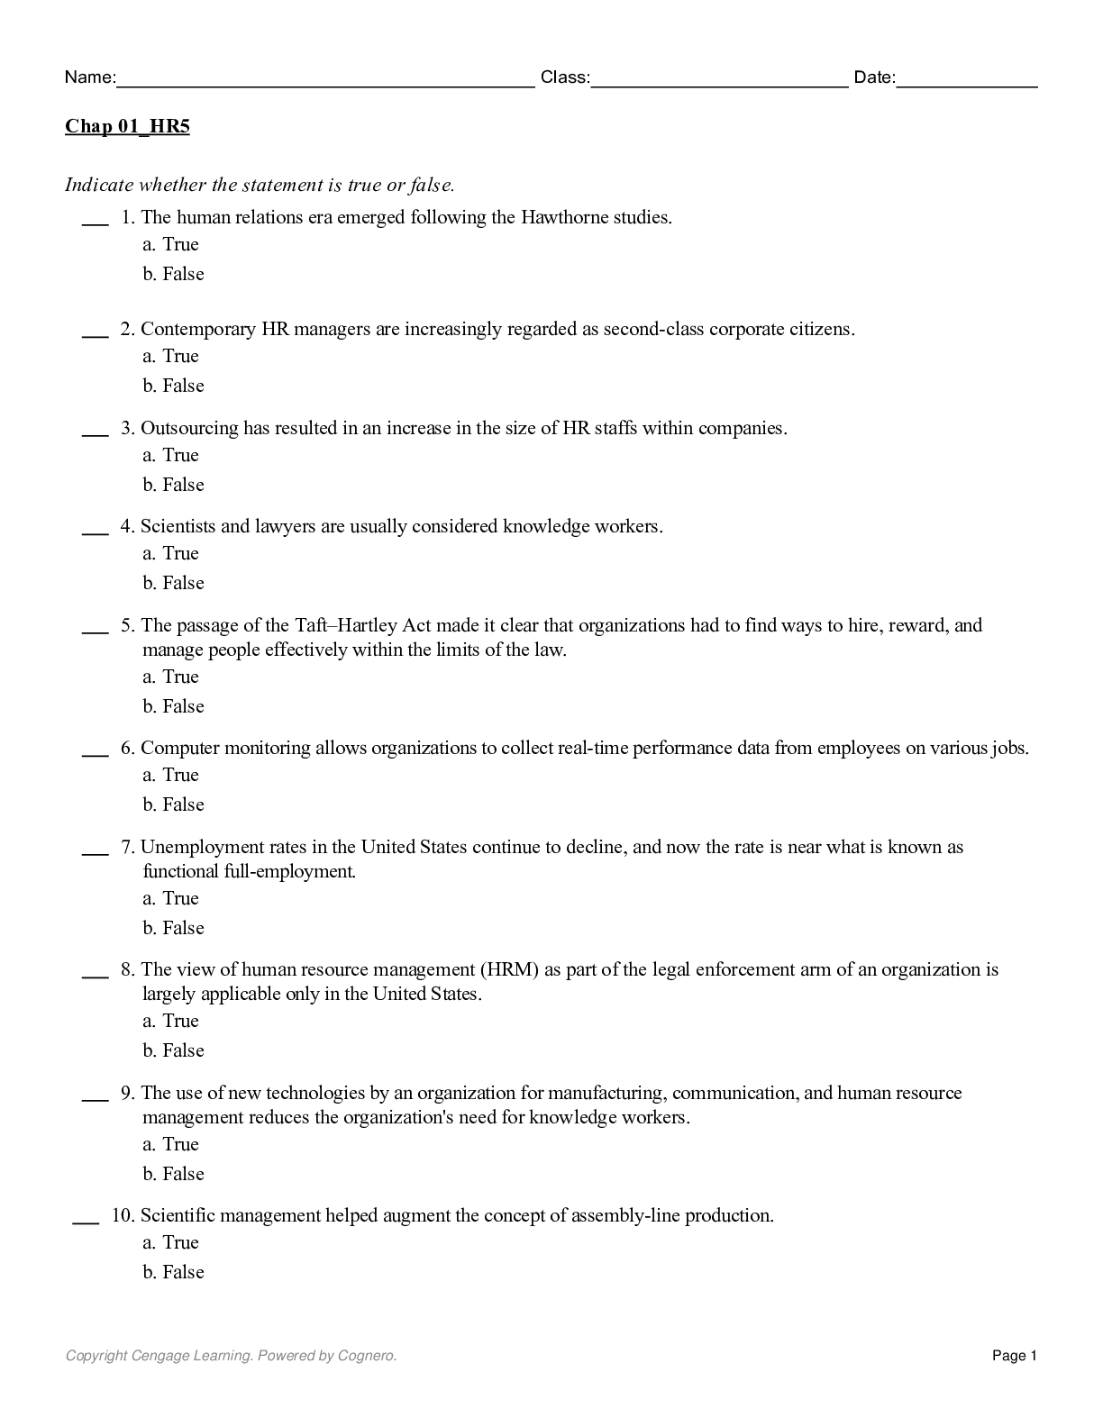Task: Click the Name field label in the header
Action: coord(89,77)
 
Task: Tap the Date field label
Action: coord(874,77)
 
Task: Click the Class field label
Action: coord(565,77)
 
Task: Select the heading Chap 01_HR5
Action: coord(127,126)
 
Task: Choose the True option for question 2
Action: coord(171,356)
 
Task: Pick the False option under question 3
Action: coord(174,485)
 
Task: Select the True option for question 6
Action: coord(171,775)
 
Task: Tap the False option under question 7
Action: coord(174,928)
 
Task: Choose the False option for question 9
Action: coord(174,1174)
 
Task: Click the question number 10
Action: coord(123,1215)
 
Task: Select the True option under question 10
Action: coord(171,1242)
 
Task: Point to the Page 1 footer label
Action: coord(1015,1356)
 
